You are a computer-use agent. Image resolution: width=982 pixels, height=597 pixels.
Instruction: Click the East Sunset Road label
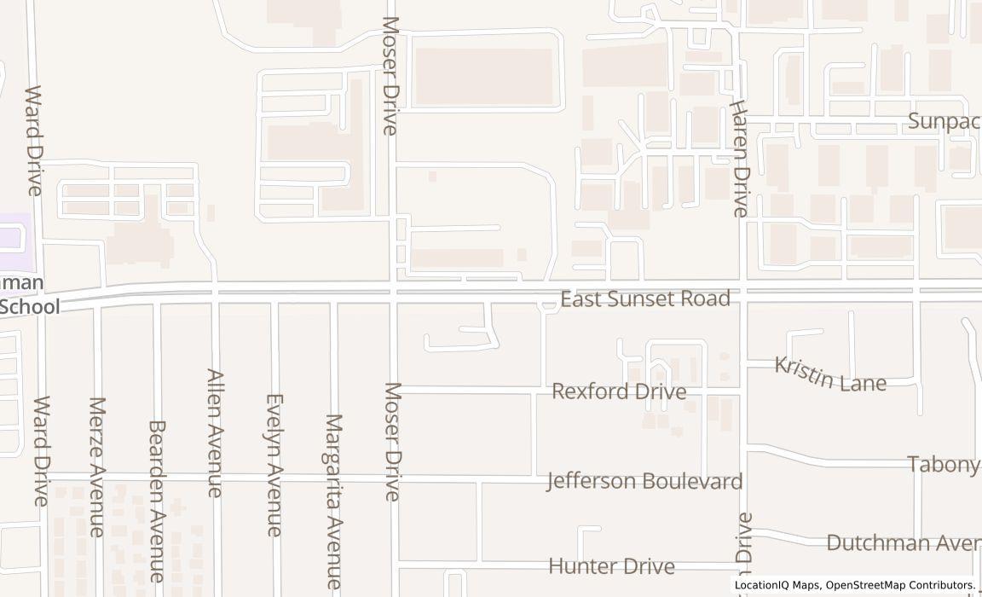coord(645,298)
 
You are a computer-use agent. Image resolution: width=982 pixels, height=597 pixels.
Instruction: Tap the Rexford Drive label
coord(619,391)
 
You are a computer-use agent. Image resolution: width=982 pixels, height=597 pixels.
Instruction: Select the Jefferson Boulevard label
coord(644,481)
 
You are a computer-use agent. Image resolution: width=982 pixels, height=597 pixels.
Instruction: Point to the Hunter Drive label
coord(611,566)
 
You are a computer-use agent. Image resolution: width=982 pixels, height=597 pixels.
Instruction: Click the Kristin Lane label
coord(829,374)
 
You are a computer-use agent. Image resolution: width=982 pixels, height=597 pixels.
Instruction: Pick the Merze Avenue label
coord(96,467)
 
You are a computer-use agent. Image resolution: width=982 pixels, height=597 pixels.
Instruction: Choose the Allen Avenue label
coord(215,432)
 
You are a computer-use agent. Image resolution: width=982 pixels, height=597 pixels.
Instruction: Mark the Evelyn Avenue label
coord(274,464)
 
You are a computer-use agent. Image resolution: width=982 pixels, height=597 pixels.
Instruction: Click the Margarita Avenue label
coord(333,501)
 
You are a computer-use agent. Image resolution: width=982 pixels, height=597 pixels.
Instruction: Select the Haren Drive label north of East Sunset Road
coord(738,157)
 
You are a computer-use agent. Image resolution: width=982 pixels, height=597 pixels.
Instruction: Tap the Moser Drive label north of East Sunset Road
coord(390,75)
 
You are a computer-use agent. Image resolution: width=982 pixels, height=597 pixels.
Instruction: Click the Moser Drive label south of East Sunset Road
coord(392,441)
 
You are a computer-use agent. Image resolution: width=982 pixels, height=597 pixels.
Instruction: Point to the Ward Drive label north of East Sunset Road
coord(34,140)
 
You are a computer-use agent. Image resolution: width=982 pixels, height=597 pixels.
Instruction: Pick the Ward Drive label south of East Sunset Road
coord(41,450)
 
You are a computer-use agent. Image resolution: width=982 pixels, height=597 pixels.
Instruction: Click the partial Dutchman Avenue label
coord(904,543)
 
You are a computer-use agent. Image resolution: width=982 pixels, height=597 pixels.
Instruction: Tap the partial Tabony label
coord(943,465)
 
